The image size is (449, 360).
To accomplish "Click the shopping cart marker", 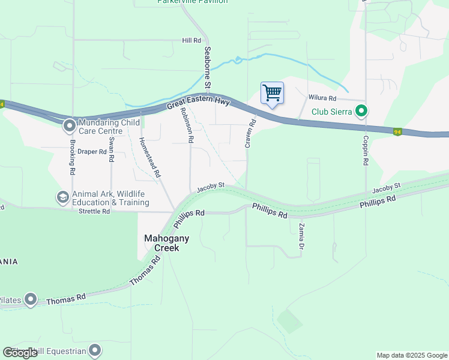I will pos(272,94).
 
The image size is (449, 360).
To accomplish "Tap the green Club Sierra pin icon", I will pos(361,111).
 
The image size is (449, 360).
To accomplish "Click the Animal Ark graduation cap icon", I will pos(62,197).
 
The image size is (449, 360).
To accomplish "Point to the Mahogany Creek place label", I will pos(167,242).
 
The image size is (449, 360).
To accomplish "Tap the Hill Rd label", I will pos(191,40).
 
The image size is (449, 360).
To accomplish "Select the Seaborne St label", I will pos(207,68).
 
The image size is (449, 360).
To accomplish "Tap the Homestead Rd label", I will pos(150,157).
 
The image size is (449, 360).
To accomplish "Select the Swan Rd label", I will pos(112,152).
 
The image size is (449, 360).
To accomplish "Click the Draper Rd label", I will pos(92,152).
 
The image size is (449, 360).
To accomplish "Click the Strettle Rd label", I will pos(94,211).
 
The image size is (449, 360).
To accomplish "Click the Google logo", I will pos(20,353).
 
